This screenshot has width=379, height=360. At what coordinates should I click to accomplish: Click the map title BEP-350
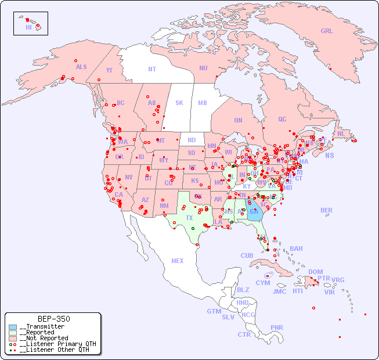click(54, 319)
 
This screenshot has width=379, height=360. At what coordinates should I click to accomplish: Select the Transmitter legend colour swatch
click(13, 327)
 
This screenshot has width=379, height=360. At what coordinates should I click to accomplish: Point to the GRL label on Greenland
click(327, 31)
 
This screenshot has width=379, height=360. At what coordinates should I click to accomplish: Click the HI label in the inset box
click(28, 27)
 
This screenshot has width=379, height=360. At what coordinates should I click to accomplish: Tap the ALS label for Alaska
click(81, 67)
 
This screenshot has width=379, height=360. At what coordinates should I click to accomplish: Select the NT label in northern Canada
click(152, 69)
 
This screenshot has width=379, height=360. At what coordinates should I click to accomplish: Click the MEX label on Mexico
click(178, 261)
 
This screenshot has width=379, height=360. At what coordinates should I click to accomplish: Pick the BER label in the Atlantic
click(327, 210)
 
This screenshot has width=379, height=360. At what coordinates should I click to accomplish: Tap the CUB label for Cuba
click(247, 255)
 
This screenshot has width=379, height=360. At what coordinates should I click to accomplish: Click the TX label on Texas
click(189, 218)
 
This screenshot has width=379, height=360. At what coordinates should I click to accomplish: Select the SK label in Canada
click(179, 103)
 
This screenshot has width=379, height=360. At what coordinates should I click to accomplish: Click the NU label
click(203, 68)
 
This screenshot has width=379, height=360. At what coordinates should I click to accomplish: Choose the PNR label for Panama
click(277, 327)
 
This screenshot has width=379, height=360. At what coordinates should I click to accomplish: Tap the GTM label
click(214, 311)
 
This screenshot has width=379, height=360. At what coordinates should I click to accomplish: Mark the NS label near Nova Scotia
click(329, 155)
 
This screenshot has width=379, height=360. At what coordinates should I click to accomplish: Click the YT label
click(109, 70)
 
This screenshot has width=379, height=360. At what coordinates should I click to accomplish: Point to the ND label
click(192, 140)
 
